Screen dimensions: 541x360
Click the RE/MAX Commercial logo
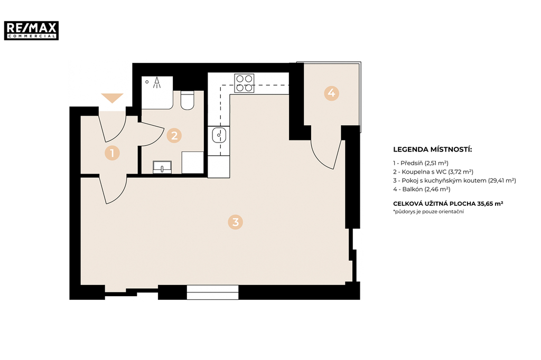(x=31, y=30)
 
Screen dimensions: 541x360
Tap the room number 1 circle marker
(x=112, y=153)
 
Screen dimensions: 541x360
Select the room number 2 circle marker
(x=174, y=136)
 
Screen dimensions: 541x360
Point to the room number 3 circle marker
(x=235, y=222)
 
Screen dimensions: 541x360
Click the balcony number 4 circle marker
(x=331, y=93)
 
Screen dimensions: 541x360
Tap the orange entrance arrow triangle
(x=112, y=98)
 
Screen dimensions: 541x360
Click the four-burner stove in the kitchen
(x=244, y=83)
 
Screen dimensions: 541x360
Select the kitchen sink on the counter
(x=219, y=135)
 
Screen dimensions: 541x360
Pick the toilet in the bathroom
(x=188, y=100)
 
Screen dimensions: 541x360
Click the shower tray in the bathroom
(x=157, y=93)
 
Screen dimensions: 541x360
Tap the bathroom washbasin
(x=162, y=167)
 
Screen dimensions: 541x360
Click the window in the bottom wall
(x=212, y=292)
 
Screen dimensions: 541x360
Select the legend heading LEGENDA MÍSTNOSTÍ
(x=432, y=150)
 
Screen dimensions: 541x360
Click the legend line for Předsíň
(x=421, y=163)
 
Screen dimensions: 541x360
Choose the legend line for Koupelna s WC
(x=433, y=172)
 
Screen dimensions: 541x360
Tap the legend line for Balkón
(x=422, y=189)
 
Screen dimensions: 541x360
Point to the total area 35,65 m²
(x=490, y=203)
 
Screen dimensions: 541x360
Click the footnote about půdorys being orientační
(x=428, y=212)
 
